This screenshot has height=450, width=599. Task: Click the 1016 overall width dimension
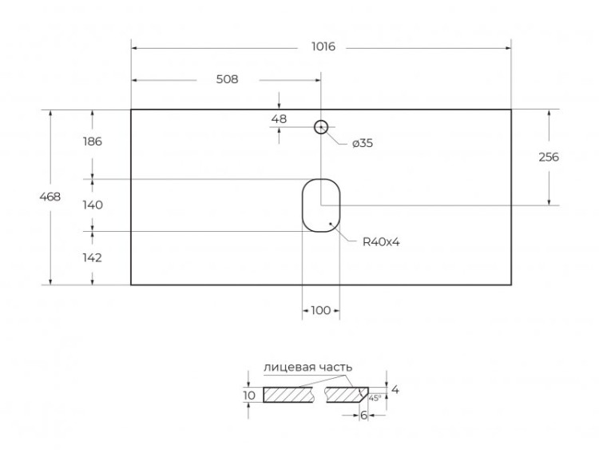pos(322,47)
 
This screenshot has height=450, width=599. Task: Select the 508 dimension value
pos(226,79)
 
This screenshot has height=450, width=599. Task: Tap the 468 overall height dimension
pos(50,197)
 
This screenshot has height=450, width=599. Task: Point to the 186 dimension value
pos(93,142)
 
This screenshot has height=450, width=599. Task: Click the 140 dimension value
pos(93,205)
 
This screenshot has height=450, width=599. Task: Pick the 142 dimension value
pos(93,257)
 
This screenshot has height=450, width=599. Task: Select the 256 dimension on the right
pos(549,157)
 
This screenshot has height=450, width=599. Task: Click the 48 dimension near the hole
pos(279,119)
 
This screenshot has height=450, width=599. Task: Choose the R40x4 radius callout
pos(381,241)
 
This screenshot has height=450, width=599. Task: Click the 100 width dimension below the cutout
pos(320,311)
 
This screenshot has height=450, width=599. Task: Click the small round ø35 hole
pos(321,127)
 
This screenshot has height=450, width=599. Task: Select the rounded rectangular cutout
pos(321,205)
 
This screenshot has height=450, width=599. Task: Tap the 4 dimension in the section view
pos(395,389)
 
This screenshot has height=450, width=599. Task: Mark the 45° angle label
pos(375,397)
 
